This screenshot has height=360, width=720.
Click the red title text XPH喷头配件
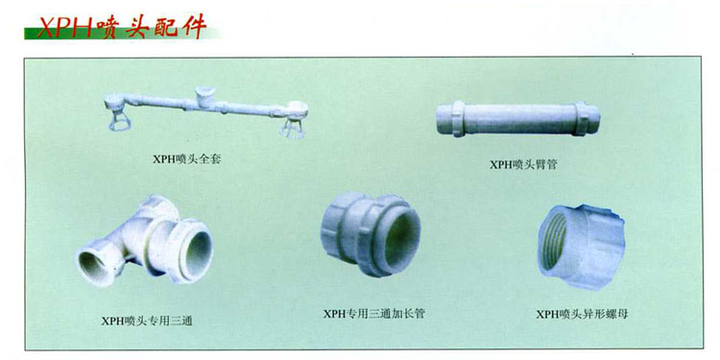pyautogui.click(x=122, y=27)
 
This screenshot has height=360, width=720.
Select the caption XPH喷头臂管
pyautogui.click(x=523, y=164)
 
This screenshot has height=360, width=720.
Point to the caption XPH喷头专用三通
pyautogui.click(x=147, y=321)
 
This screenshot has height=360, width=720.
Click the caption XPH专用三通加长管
pyautogui.click(x=374, y=314)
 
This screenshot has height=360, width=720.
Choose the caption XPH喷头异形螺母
pyautogui.click(x=582, y=315)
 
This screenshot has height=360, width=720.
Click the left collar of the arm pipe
pyautogui.click(x=457, y=119)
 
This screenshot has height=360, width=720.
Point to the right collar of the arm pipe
pyautogui.click(x=583, y=118)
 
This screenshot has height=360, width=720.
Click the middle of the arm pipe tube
pyautogui.click(x=519, y=118)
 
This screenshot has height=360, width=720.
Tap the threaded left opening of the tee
pyautogui.click(x=95, y=267)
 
